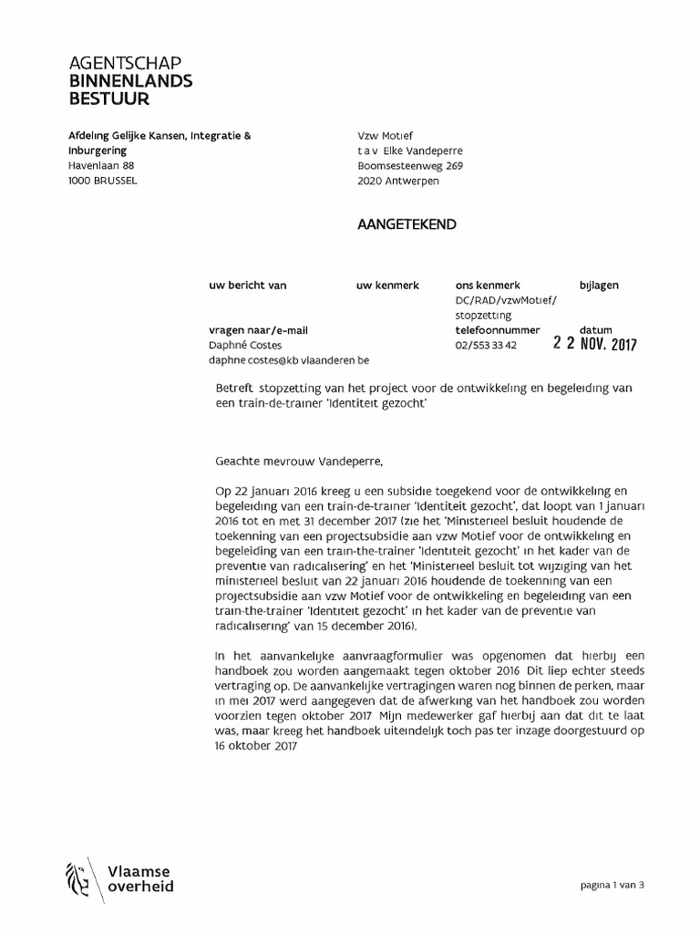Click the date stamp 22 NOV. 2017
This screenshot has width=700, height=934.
(595, 345)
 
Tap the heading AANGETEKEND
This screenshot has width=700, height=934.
(407, 224)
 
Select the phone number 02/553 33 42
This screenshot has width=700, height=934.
(486, 346)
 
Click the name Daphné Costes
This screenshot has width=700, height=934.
(243, 346)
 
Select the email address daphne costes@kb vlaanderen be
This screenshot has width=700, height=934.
(289, 361)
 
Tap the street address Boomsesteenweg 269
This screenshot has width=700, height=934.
(410, 166)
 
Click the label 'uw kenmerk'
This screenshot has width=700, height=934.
(387, 285)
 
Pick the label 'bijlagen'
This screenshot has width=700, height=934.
(599, 285)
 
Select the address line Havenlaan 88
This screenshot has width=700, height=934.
(101, 166)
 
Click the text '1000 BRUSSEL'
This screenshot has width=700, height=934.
(103, 182)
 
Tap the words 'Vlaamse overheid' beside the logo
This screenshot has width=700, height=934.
(140, 878)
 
